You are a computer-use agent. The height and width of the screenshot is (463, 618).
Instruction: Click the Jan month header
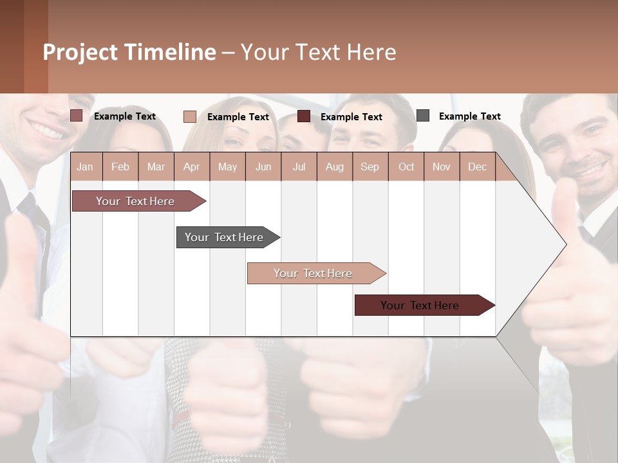(86, 167)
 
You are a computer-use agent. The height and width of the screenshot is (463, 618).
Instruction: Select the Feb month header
(120, 167)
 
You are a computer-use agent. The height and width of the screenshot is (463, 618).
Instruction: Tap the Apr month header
(191, 167)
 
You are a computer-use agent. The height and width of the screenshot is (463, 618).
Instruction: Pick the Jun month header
(263, 167)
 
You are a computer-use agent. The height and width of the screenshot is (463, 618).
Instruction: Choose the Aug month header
(334, 167)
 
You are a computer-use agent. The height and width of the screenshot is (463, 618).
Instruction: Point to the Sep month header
(370, 167)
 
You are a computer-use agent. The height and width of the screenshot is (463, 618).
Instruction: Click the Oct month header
(406, 167)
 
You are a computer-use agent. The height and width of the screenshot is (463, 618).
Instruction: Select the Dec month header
(477, 167)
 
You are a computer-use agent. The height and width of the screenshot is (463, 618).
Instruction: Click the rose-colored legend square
(77, 116)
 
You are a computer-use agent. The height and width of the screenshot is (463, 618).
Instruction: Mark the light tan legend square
(190, 116)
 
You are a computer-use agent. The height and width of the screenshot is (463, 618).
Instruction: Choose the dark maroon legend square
(304, 116)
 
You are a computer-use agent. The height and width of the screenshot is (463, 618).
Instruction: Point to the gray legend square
(423, 116)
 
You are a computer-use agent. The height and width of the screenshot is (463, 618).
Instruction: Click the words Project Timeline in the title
(129, 52)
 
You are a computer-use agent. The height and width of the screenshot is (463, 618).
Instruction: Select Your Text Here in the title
(319, 52)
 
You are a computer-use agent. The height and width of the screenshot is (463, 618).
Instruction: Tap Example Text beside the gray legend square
(469, 116)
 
